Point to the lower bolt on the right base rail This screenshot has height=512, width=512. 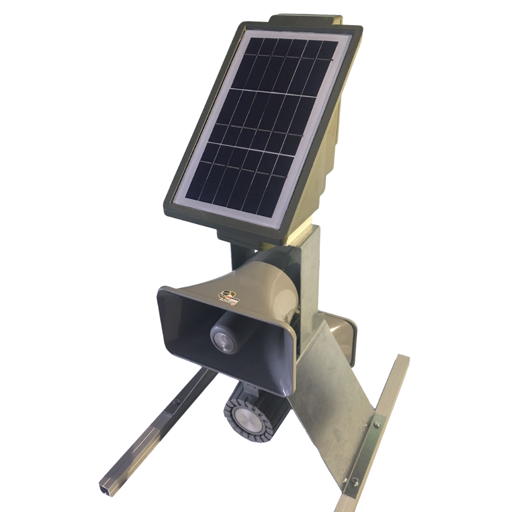[x=354, y=481]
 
